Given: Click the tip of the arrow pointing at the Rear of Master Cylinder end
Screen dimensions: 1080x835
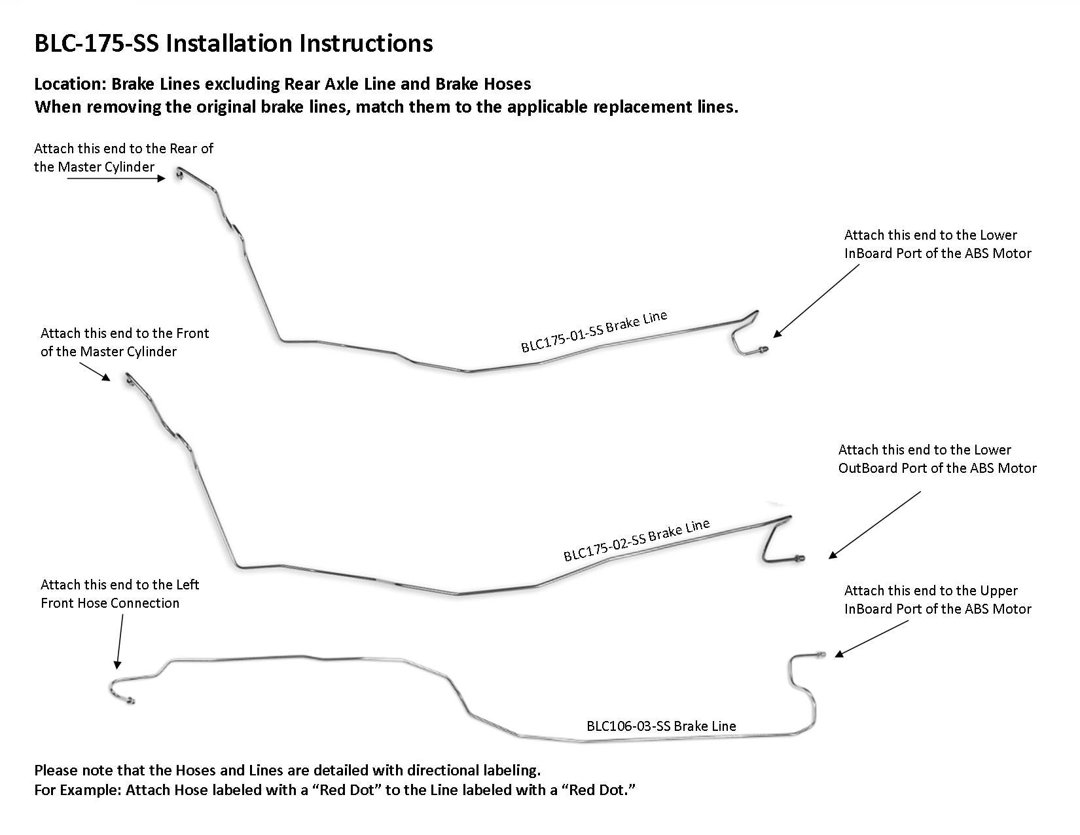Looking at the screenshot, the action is pyautogui.click(x=165, y=178).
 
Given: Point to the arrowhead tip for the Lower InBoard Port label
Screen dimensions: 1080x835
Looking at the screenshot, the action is pyautogui.click(x=774, y=337).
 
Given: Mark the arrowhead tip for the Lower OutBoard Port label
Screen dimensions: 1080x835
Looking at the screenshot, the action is pyautogui.click(x=829, y=559).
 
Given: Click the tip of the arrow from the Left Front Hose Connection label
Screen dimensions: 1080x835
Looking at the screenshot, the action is pyautogui.click(x=117, y=669).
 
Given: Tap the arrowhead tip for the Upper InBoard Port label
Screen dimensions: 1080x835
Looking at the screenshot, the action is pyautogui.click(x=835, y=657).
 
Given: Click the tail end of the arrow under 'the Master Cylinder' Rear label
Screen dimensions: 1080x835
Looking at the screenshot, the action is pyautogui.click(x=67, y=178).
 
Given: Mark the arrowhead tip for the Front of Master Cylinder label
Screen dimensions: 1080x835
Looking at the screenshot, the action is pyautogui.click(x=111, y=380).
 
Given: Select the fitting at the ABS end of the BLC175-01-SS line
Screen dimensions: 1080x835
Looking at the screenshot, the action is pyautogui.click(x=763, y=350).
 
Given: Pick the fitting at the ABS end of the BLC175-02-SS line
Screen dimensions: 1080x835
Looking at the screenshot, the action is pyautogui.click(x=799, y=558).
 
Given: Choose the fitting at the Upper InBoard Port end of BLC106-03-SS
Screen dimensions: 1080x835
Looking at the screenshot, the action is pyautogui.click(x=821, y=654).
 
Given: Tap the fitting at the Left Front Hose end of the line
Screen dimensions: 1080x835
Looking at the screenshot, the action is pyautogui.click(x=130, y=701).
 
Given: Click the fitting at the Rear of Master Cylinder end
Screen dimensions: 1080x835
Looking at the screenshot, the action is pyautogui.click(x=179, y=173).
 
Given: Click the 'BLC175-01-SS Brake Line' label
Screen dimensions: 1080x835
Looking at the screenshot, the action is pyautogui.click(x=594, y=331).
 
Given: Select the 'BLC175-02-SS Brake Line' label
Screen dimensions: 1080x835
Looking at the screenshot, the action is pyautogui.click(x=637, y=540).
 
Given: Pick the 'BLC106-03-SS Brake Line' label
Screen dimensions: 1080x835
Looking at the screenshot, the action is pyautogui.click(x=661, y=726).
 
